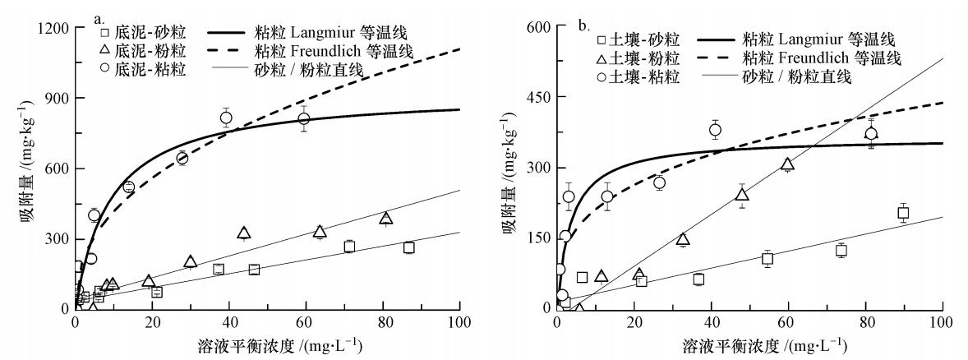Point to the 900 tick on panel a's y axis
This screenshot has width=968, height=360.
(x=56, y=98)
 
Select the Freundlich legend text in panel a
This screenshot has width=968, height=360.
(x=351, y=52)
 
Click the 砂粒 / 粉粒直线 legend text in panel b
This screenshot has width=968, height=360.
(x=805, y=76)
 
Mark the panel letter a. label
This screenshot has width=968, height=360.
(x=99, y=17)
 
